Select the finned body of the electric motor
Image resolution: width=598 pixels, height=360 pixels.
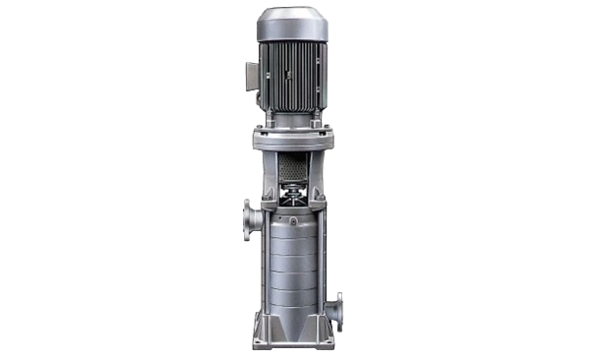click(x=293, y=79)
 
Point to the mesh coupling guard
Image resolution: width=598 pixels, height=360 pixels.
click(x=292, y=172)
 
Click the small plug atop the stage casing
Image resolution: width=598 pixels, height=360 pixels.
click(x=292, y=210)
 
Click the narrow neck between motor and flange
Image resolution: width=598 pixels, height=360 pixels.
click(x=292, y=119)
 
